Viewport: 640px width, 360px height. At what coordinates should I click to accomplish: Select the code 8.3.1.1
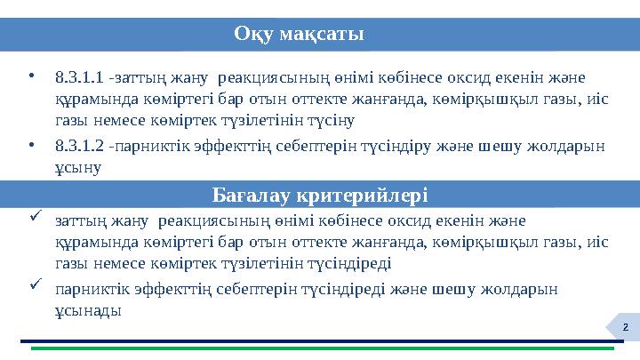[x=77, y=77]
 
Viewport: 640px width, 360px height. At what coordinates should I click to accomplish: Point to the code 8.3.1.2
[x=77, y=146]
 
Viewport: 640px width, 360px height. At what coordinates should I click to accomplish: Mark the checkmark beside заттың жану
[x=33, y=216]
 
